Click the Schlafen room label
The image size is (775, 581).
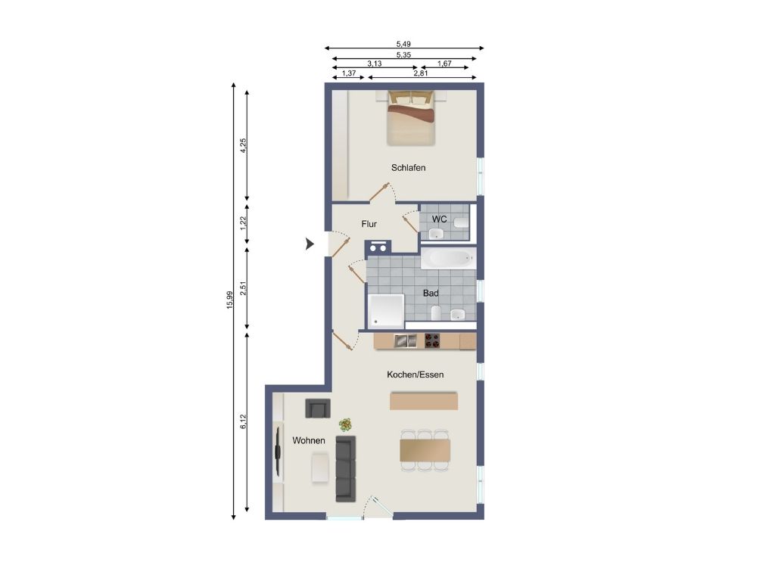click(x=408, y=167)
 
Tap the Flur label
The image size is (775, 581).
click(x=369, y=224)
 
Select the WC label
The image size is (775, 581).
click(x=440, y=219)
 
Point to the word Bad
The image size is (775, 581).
click(x=431, y=293)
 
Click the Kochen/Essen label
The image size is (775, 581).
click(x=416, y=374)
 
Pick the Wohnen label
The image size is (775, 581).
click(x=309, y=440)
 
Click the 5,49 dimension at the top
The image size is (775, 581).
click(x=403, y=44)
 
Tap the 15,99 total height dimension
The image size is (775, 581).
click(x=229, y=300)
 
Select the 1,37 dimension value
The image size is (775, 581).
click(x=349, y=73)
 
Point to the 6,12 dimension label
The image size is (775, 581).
click(x=243, y=421)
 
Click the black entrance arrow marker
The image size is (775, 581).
click(x=310, y=244)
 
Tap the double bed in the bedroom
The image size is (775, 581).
click(x=411, y=118)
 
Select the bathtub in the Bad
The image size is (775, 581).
click(x=448, y=258)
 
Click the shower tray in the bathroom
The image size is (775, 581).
click(x=386, y=310)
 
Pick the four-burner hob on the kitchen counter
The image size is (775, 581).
click(x=432, y=340)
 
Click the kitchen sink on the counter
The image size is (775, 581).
click(x=405, y=340)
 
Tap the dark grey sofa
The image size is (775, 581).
click(x=346, y=469)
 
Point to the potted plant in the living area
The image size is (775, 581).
click(x=345, y=424)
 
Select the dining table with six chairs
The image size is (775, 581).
click(x=425, y=451)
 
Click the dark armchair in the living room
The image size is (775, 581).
click(x=318, y=408)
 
